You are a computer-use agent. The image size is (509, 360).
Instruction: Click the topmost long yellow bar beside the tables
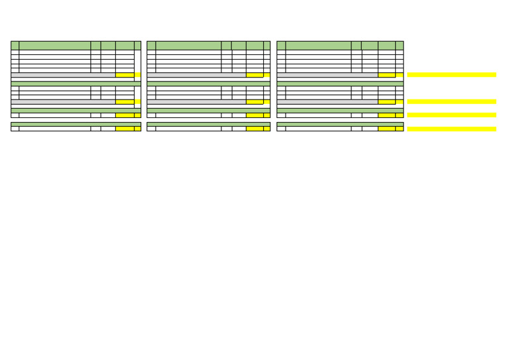tap(451, 75)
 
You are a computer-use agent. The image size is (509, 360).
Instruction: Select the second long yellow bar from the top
tap(451, 101)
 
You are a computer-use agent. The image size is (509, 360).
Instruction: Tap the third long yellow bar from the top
tap(451, 115)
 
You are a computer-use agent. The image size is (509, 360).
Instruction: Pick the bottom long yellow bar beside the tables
tap(451, 129)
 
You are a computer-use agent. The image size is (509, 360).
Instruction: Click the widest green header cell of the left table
tap(55, 45)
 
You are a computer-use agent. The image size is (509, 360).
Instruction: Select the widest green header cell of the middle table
tap(188, 45)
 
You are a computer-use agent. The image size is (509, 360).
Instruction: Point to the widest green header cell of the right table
tap(318, 45)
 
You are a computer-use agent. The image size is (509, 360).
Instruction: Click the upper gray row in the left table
tap(63, 75)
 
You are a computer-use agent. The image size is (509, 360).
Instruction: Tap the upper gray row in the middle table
tap(196, 75)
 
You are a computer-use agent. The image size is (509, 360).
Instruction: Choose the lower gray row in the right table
tap(327, 101)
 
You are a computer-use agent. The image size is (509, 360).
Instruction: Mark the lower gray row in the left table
tap(63, 101)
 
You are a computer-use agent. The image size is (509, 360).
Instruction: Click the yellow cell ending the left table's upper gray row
tap(125, 75)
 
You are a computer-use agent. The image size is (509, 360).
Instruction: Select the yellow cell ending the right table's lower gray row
tap(386, 101)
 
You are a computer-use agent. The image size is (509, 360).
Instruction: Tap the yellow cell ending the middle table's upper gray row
tap(254, 75)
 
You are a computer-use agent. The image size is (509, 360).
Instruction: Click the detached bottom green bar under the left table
tap(76, 124)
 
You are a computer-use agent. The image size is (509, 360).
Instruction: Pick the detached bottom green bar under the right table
tap(339, 124)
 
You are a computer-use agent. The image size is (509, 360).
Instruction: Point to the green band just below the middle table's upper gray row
tap(208, 84)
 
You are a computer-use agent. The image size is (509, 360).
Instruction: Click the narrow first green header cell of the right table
tap(281, 45)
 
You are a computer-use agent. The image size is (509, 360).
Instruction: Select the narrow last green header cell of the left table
tap(137, 45)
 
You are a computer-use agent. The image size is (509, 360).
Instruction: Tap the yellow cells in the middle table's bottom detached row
tap(254, 129)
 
